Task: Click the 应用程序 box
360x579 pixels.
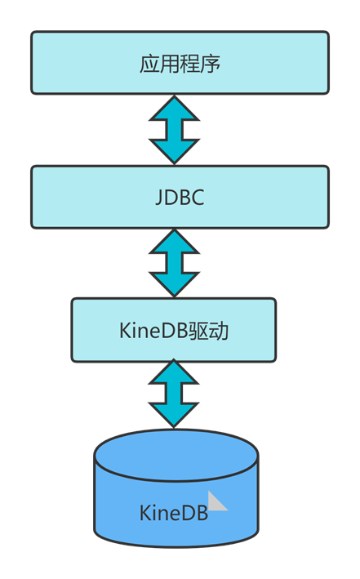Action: tap(180, 63)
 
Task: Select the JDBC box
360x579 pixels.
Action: tap(180, 197)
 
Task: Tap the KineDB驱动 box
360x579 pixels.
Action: tap(174, 330)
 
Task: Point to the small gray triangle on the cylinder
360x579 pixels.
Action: tap(216, 501)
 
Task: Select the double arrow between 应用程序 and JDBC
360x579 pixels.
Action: tap(175, 130)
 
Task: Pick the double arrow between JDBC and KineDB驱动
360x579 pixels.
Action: tap(175, 263)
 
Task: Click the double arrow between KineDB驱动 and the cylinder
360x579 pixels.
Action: tap(174, 394)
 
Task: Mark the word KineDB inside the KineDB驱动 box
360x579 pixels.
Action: tap(153, 331)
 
